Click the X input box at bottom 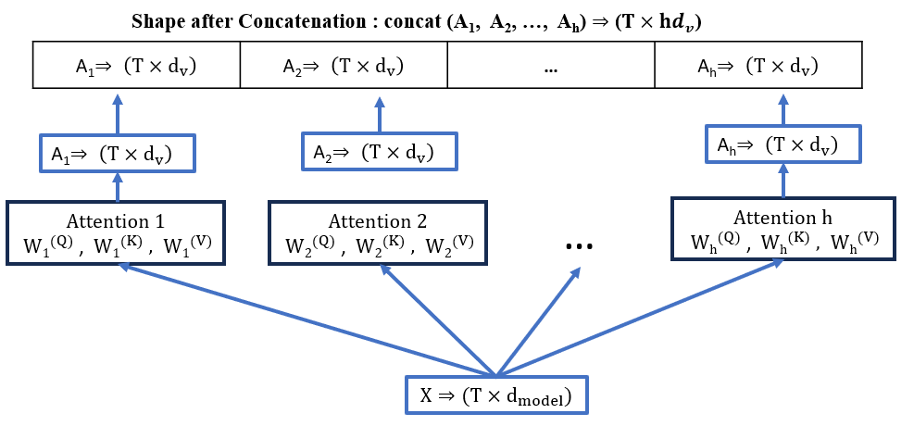click(x=496, y=395)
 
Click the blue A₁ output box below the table click(x=118, y=152)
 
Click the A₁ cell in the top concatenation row click(x=136, y=67)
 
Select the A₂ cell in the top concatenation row click(x=343, y=67)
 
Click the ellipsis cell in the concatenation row click(x=550, y=67)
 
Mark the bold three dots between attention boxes click(x=578, y=245)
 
